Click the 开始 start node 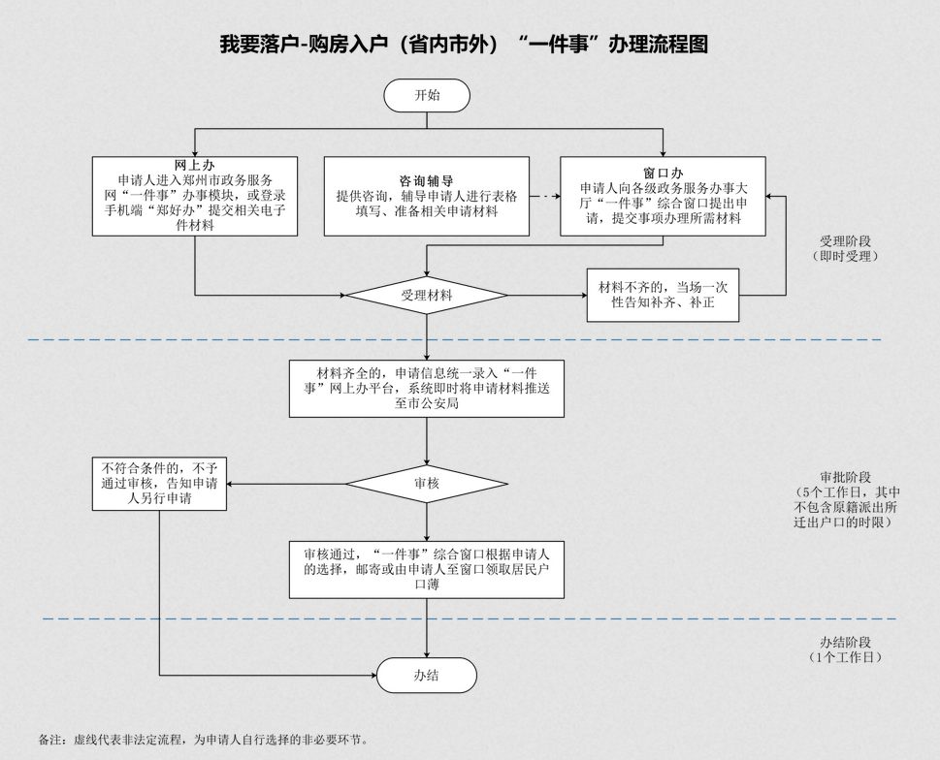[427, 96]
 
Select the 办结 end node [427, 676]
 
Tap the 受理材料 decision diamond [427, 295]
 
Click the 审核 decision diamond [427, 483]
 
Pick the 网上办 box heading [194, 165]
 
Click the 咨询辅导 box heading [426, 180]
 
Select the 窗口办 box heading [663, 172]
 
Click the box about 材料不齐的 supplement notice [663, 295]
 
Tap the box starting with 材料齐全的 [427, 389]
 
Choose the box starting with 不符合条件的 [160, 483]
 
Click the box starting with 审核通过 [427, 569]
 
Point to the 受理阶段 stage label [845, 241]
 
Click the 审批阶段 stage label [845, 477]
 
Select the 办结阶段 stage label [845, 642]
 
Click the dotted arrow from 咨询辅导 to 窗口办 [545, 197]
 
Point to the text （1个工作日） [845, 658]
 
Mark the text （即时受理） [845, 257]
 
